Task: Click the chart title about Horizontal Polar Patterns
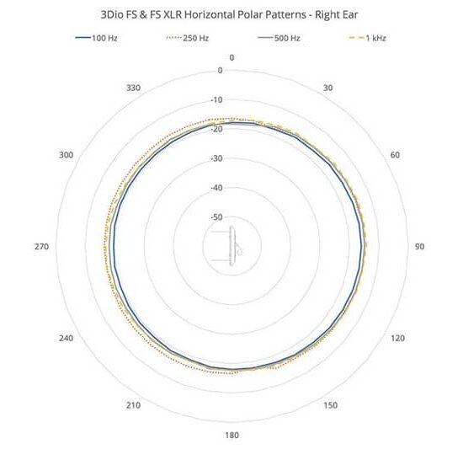tap(230, 14)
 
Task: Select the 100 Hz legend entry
tap(97, 38)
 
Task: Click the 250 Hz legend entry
tap(188, 38)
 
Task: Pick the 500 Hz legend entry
tap(279, 38)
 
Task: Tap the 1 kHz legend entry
tap(368, 38)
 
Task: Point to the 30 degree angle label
tap(327, 88)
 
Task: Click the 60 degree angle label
tap(395, 155)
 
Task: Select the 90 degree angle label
tap(419, 246)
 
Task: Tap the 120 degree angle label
tap(397, 338)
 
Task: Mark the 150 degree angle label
tap(331, 405)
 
